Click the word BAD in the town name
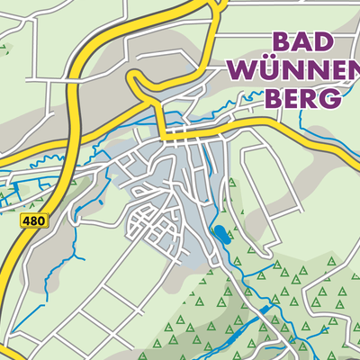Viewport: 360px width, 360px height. click(x=301, y=42)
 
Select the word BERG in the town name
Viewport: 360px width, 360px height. click(x=302, y=98)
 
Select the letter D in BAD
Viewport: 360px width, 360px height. click(x=324, y=42)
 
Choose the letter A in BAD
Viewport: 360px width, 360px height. click(x=301, y=42)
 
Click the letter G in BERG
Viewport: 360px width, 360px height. click(x=330, y=98)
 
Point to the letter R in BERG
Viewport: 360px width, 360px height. click(x=310, y=98)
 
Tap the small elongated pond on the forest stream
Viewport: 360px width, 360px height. click(x=266, y=310)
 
